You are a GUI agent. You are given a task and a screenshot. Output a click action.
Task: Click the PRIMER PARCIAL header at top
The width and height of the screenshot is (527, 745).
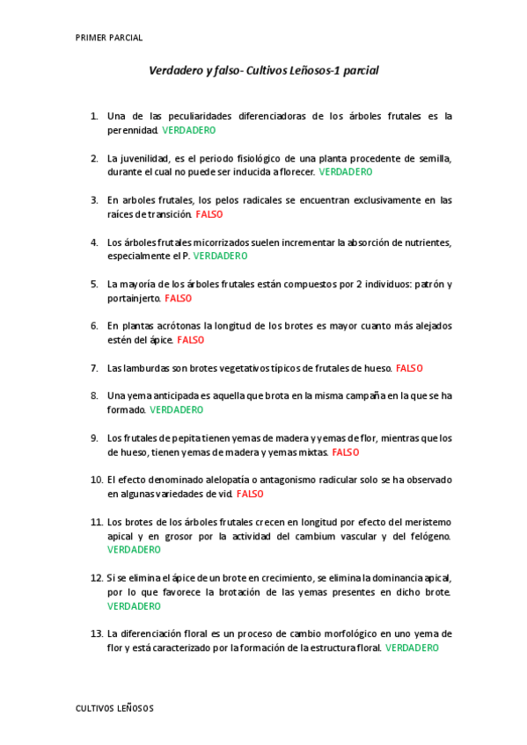pos(109,38)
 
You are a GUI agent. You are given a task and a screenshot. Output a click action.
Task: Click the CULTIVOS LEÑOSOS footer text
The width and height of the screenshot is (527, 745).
pos(114,707)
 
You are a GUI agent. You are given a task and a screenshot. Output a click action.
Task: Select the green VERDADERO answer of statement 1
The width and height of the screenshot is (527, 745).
pos(189,130)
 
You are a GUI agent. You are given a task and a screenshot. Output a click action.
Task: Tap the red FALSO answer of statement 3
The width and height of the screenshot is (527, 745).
pos(209,213)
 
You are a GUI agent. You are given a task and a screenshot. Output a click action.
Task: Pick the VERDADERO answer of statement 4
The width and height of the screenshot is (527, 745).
pos(220,256)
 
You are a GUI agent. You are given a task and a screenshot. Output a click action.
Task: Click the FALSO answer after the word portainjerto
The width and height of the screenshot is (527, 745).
pos(178,298)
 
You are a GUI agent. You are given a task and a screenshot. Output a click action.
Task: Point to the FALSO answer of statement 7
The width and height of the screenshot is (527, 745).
pos(409,367)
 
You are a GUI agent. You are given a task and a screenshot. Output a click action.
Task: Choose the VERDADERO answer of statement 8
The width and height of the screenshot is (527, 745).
pos(176,409)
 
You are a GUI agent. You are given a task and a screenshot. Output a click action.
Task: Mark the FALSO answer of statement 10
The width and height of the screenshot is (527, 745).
pos(250,494)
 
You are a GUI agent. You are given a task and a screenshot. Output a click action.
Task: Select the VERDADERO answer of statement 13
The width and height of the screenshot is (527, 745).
pos(412,647)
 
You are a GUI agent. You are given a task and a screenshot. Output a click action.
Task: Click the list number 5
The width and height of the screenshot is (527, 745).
pos(94,284)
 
